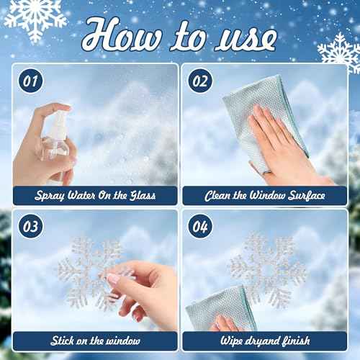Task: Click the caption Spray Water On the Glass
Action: [x=95, y=195]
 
